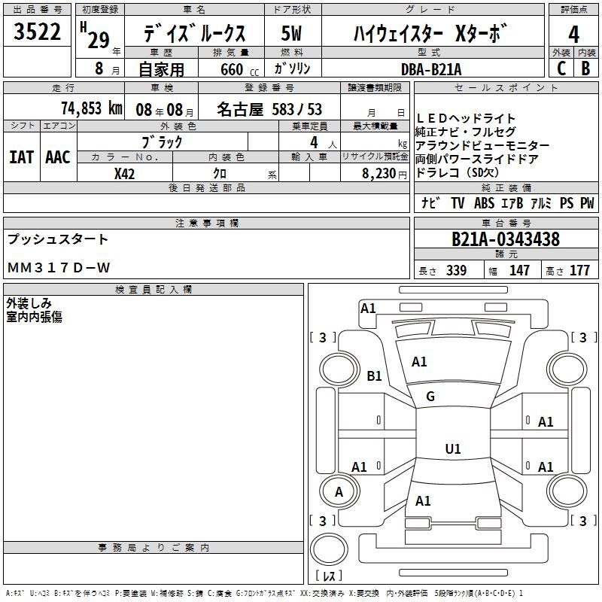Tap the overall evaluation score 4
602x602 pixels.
point(573,34)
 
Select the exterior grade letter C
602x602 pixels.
point(561,68)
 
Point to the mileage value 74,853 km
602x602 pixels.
point(92,108)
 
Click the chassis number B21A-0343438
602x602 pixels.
point(505,239)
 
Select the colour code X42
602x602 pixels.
point(124,172)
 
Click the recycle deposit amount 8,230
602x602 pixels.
point(380,172)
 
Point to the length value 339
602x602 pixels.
point(455,270)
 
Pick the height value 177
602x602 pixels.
point(579,270)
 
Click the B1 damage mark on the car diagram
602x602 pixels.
point(374,375)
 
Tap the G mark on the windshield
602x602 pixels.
point(430,397)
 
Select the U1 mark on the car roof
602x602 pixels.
point(452,449)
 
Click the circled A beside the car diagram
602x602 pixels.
point(339,492)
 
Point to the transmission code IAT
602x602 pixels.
point(20,157)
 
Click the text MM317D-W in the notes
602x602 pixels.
point(59,268)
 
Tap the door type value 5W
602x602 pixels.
point(293,35)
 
